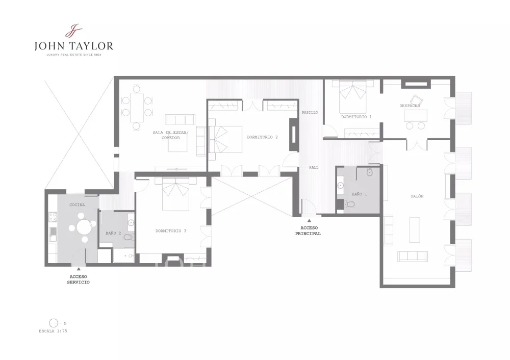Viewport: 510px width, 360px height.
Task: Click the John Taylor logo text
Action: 74,46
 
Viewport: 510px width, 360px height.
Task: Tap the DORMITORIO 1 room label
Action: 356,117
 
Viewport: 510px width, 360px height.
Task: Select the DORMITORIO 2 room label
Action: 262,137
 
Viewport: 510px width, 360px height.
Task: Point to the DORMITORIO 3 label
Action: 171,231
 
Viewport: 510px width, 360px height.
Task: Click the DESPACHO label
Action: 410,106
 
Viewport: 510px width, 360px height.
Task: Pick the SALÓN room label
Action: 417,196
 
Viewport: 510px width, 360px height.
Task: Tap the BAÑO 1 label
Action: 359,194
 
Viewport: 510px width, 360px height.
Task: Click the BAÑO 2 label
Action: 113,233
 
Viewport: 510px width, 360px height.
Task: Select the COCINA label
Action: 77,205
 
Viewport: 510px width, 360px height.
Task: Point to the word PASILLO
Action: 310,113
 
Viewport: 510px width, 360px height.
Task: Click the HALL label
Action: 314,167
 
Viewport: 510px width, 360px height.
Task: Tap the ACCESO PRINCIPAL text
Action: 308,230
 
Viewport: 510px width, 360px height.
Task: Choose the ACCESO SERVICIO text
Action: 79,279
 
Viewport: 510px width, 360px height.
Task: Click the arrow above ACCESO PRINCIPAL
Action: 309,221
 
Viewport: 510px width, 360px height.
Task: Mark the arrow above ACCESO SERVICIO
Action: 79,269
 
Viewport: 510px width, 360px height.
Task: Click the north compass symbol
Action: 54,323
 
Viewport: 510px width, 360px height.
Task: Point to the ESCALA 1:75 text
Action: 53,331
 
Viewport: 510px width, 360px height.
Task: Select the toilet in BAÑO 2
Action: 130,237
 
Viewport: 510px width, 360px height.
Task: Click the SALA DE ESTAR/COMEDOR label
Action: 171,135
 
